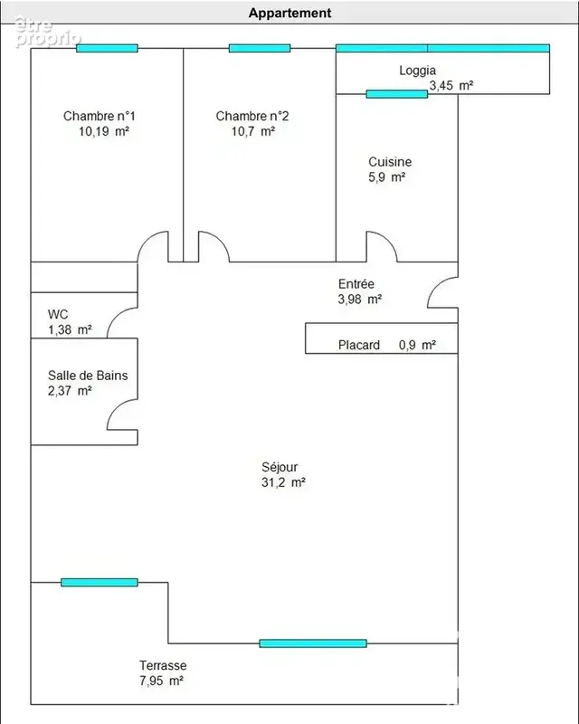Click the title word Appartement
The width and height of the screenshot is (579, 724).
(290, 13)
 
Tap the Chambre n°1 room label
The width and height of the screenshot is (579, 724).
(100, 116)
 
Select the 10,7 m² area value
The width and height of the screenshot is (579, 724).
(253, 131)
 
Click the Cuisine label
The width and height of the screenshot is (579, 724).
(390, 162)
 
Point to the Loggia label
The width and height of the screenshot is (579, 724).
(417, 71)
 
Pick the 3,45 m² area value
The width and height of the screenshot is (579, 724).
(451, 85)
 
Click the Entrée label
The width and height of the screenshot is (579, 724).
(356, 284)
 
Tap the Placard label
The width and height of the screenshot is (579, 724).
(359, 346)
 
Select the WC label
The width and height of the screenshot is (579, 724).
(58, 314)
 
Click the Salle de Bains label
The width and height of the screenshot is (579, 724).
(88, 376)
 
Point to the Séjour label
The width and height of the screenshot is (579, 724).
(280, 467)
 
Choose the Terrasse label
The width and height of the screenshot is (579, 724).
(163, 665)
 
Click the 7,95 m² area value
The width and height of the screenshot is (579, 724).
(162, 681)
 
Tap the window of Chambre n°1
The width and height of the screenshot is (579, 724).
(107, 48)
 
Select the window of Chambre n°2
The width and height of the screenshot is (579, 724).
(260, 48)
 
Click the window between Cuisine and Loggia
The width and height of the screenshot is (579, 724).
(397, 94)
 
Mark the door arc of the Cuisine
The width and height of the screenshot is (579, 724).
(388, 240)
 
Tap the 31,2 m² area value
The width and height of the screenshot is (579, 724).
(283, 482)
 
